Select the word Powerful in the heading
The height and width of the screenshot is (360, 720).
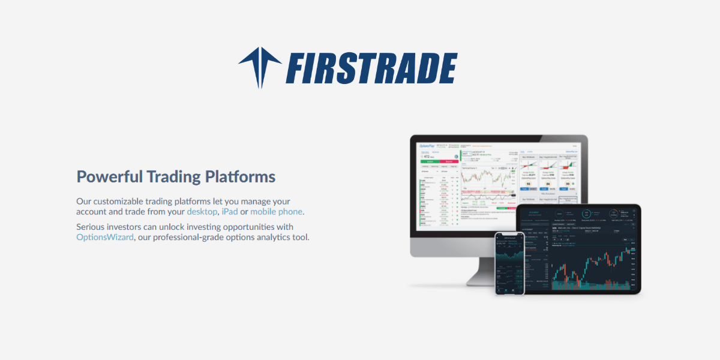point(110,177)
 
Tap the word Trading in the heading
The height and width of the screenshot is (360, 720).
point(173,177)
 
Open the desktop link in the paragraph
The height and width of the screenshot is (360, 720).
point(202,212)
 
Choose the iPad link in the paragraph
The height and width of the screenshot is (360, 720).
point(229,212)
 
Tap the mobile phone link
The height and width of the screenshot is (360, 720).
point(277,212)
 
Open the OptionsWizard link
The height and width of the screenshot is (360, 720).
point(105,237)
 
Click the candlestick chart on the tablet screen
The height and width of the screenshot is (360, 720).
point(591,264)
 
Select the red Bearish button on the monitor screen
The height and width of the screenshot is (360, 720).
point(449,162)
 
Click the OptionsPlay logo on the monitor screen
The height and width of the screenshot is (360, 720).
point(426,146)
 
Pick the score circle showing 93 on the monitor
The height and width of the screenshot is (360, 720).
point(529,184)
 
